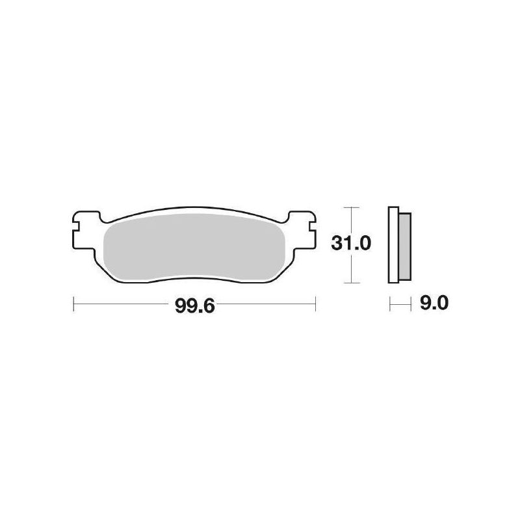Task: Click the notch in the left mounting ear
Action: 76,227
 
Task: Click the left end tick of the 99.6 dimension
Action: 74,302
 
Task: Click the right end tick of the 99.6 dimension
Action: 315,302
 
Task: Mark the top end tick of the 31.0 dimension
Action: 351,207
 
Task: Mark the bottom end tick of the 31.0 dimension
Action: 351,283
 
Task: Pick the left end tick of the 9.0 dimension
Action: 389,303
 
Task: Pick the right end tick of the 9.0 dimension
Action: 411,303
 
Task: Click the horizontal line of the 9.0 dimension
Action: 400,303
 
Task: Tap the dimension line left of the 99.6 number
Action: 123,302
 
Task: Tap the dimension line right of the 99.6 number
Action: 266,302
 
